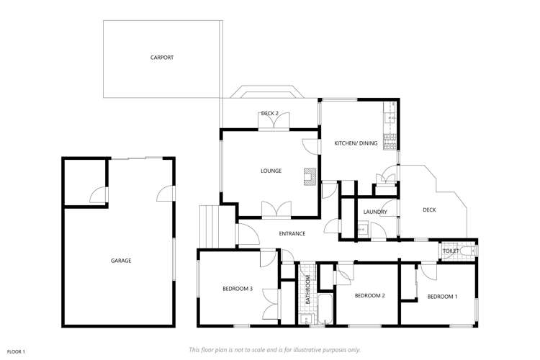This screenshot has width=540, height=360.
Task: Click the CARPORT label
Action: click(x=162, y=58)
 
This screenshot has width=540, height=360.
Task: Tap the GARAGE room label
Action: click(x=121, y=261)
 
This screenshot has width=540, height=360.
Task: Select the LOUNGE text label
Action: click(x=271, y=171)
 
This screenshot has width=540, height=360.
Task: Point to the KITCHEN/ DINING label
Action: click(x=356, y=144)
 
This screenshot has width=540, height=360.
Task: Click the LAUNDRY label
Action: click(x=375, y=212)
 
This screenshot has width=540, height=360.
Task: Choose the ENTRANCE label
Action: click(x=293, y=233)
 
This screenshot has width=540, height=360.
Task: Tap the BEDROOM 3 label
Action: click(x=237, y=289)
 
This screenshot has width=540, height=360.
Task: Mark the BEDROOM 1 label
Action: click(x=442, y=296)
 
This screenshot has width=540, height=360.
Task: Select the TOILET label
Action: click(x=451, y=251)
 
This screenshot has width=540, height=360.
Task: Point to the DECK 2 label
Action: click(x=269, y=113)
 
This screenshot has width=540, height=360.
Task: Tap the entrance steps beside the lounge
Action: click(x=213, y=225)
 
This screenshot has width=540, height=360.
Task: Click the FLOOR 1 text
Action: click(x=16, y=351)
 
